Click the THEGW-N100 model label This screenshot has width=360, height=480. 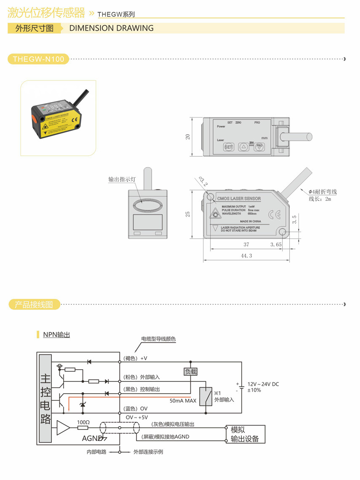[38, 59]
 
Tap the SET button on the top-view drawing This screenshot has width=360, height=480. [228, 147]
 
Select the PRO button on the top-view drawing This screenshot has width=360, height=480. [259, 147]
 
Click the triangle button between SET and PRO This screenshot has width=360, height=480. [244, 147]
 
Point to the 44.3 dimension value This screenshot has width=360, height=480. [246, 256]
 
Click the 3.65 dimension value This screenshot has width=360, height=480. [276, 244]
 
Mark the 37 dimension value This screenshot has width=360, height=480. [246, 244]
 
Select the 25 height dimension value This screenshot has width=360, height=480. [188, 214]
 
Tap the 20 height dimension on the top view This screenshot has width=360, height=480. [188, 136]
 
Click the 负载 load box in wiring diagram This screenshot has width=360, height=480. [190, 372]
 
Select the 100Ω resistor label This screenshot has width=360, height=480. [83, 422]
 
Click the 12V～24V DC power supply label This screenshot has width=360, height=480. [263, 384]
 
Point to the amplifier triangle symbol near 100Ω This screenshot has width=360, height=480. [64, 428]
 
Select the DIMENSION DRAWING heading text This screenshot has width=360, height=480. [111, 28]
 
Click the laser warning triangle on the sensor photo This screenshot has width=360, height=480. [45, 126]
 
